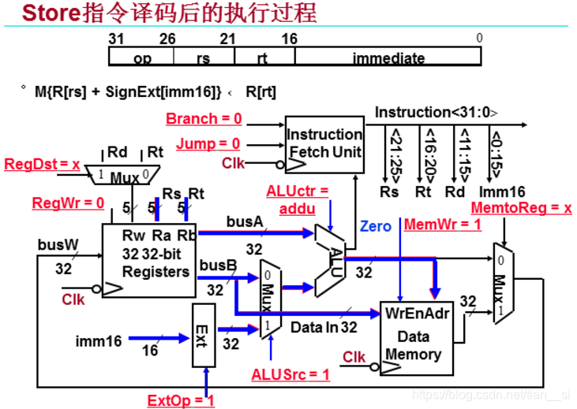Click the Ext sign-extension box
tap(204, 335)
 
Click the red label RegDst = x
tap(42, 165)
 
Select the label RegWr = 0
tap(68, 203)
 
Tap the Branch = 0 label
tap(204, 119)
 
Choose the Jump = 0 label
tap(208, 143)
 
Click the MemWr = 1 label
tap(442, 225)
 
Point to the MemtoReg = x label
tap(520, 208)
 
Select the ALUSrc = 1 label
tap(290, 374)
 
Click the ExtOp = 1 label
tap(180, 400)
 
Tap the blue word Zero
tap(375, 226)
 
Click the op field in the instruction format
tap(143, 58)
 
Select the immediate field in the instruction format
tap(388, 58)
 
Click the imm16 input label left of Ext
tap(99, 341)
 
